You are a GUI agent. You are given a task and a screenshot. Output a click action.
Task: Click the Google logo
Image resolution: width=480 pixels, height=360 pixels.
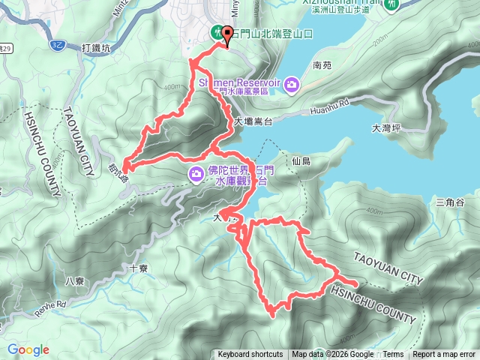[x=28, y=349]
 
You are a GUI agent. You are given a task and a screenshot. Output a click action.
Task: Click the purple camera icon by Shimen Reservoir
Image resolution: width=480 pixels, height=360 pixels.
[x=292, y=86]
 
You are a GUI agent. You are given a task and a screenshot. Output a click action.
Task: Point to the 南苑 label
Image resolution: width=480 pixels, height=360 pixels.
[x=322, y=65]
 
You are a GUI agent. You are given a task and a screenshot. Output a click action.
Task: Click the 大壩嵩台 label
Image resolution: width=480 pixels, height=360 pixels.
[x=250, y=121]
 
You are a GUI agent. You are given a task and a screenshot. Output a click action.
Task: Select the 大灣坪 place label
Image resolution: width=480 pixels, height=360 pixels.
[x=386, y=128]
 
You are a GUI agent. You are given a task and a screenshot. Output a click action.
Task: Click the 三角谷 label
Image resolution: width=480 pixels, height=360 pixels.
[x=450, y=202]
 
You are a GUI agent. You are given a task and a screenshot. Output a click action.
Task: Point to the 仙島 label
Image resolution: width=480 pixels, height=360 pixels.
[x=302, y=160]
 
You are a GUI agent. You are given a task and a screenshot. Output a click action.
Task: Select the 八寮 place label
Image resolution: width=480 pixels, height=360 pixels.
[x=74, y=281]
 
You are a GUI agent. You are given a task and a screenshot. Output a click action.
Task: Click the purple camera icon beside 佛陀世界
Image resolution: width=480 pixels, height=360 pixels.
[x=196, y=174]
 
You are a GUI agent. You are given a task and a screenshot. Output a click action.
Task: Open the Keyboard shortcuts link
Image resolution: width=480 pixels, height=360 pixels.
[x=250, y=355]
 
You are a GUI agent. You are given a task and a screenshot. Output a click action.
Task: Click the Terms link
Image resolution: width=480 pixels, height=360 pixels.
[x=393, y=355]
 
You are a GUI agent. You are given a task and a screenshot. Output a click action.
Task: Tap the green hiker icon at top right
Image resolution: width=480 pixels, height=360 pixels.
[x=392, y=4]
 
